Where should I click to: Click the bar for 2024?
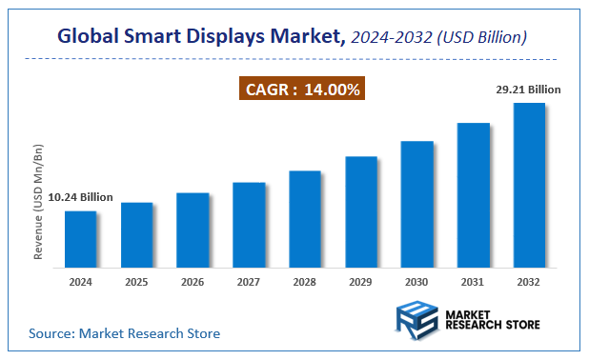click(x=80, y=239)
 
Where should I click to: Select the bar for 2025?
click(x=136, y=235)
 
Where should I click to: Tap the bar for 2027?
click(x=249, y=225)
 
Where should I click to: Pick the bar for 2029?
click(x=361, y=211)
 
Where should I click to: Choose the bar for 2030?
click(x=417, y=204)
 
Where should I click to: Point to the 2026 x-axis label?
click(x=193, y=282)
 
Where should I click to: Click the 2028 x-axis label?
click(x=305, y=282)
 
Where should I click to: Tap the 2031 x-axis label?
click(x=474, y=282)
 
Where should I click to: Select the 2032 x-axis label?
click(x=530, y=282)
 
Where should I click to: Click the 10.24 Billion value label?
click(x=81, y=197)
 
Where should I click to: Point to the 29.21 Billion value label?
click(x=529, y=90)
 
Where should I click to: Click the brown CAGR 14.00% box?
click(x=302, y=90)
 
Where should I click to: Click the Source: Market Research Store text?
click(x=124, y=333)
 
